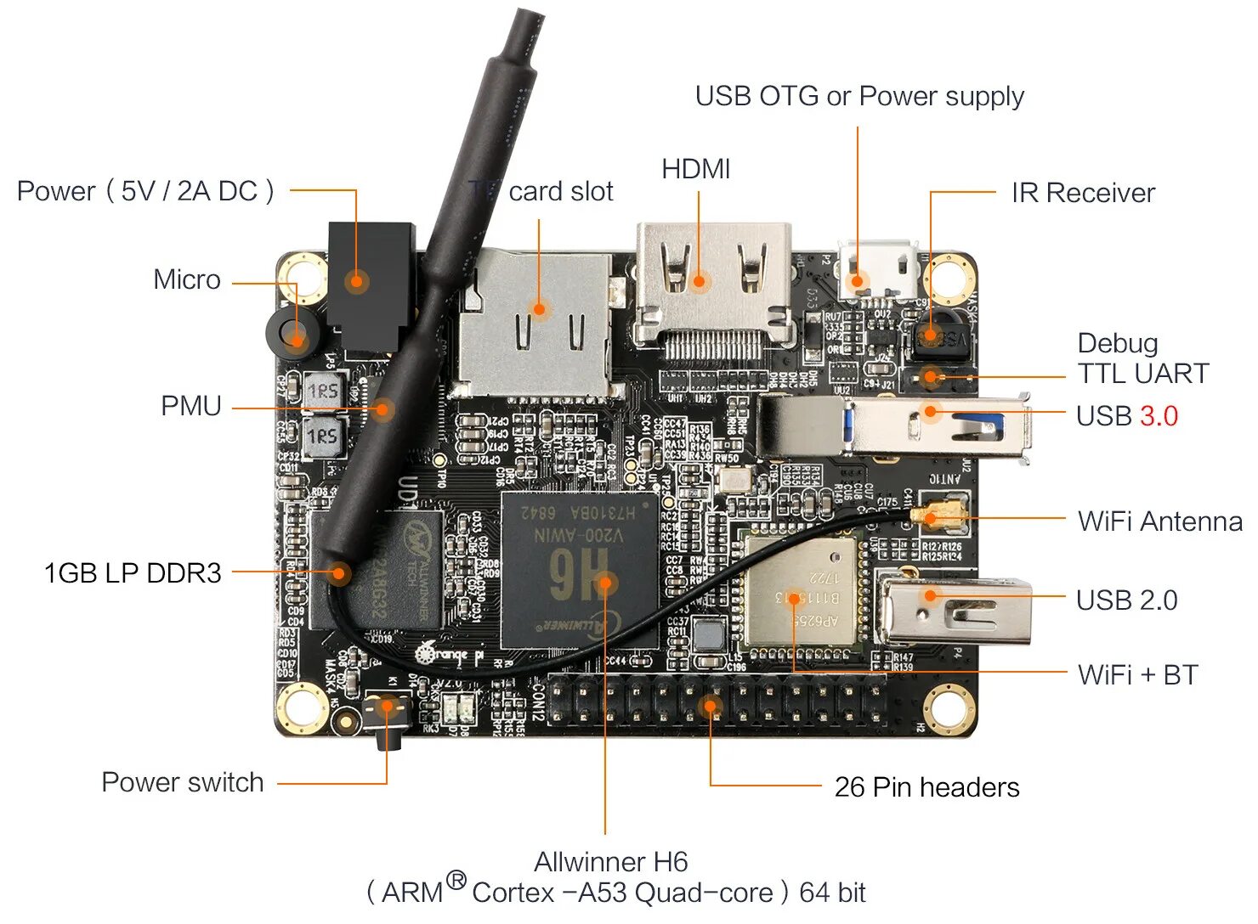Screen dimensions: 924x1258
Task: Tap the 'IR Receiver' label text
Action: tap(1082, 194)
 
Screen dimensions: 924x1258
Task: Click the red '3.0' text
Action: tap(1159, 416)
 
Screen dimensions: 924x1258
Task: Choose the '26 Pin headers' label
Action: tap(926, 787)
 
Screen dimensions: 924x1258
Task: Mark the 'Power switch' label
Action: tap(182, 782)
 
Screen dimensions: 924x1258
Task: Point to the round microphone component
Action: tap(293, 336)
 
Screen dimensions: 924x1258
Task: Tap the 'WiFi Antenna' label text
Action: tap(1159, 521)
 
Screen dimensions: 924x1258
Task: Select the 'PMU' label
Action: tap(190, 406)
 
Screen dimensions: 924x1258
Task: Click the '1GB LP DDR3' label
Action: tap(133, 573)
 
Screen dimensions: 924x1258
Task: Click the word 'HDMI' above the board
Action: tap(695, 169)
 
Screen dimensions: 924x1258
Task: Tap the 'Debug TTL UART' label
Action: tap(1142, 358)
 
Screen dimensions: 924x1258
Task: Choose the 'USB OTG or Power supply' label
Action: tap(858, 97)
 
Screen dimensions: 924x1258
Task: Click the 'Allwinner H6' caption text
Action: tap(610, 862)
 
